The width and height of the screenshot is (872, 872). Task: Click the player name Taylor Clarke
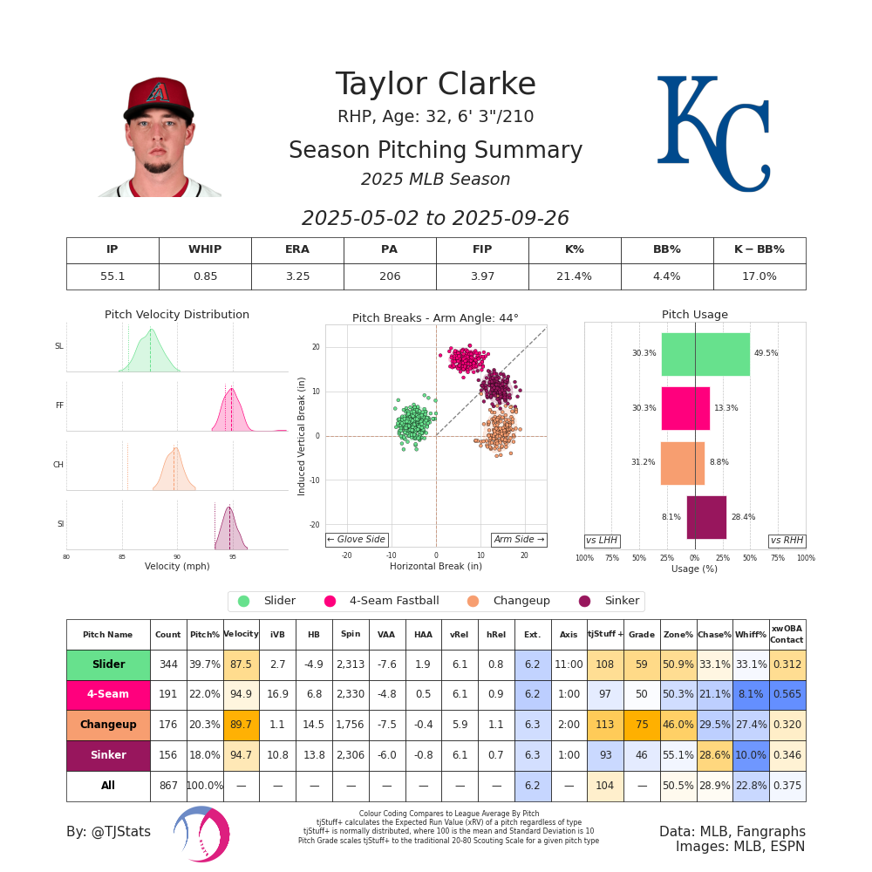point(435,85)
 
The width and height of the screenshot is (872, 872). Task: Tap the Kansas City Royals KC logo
point(712,133)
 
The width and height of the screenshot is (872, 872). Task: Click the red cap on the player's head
point(158,95)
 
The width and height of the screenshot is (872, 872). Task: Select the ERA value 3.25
point(297,276)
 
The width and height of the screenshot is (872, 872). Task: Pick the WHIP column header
point(205,250)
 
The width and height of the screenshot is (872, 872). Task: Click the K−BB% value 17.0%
point(759,276)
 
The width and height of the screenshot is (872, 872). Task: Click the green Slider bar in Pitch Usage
point(705,354)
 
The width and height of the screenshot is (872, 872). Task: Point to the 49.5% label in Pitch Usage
point(766,354)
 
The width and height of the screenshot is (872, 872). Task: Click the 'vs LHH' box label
point(602,541)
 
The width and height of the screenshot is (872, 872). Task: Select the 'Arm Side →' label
point(519,540)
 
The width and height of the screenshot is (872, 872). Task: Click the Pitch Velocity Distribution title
point(177,315)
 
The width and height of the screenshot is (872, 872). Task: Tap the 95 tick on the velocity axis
point(232,556)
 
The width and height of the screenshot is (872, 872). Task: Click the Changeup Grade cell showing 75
point(641,725)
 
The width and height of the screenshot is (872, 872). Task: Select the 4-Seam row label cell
point(108,695)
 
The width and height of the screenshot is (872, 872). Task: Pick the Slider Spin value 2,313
point(351,664)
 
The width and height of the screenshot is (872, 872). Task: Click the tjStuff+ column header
point(605,634)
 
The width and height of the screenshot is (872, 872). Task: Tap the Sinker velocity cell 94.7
point(241,755)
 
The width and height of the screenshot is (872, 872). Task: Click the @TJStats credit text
point(109,832)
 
